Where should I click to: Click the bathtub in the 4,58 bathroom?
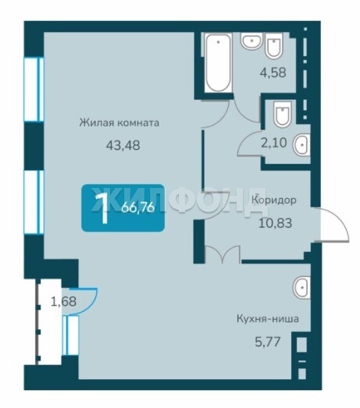point(219,62)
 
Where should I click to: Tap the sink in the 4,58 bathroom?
point(251,41)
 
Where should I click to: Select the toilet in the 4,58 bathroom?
point(274,46)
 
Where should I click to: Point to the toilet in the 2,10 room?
point(283,114)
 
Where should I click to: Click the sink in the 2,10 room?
point(302,144)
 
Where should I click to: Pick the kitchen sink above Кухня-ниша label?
point(301,288)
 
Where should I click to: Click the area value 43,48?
point(123,145)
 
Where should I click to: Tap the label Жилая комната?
point(119,122)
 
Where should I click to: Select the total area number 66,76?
point(138,208)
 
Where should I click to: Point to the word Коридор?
point(274,200)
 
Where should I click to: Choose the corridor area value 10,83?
point(276,223)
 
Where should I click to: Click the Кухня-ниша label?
point(268,319)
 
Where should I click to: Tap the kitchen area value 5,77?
point(268,342)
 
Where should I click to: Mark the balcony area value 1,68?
point(63,302)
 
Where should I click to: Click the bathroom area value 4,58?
point(273,73)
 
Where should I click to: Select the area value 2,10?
point(274,143)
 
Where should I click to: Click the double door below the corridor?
point(223,254)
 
